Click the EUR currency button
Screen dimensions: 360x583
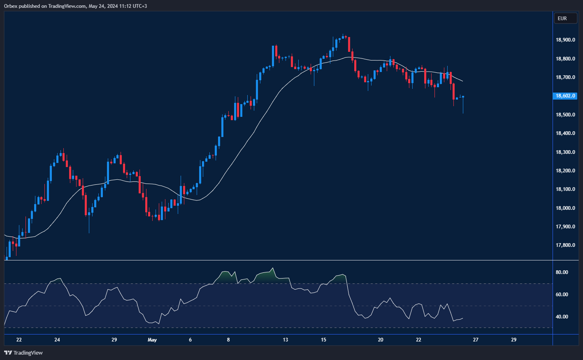(x=565, y=18)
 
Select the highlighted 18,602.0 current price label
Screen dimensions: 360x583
(x=565, y=96)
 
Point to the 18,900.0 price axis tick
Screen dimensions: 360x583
(x=565, y=40)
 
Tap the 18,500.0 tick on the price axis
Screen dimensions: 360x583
(x=565, y=115)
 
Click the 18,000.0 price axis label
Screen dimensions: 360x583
(x=565, y=208)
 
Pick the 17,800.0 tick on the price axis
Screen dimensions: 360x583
(x=565, y=246)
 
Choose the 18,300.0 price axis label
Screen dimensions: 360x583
(x=565, y=152)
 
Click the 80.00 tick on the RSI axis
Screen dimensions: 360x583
(x=562, y=272)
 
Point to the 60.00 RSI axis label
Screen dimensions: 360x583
(x=562, y=295)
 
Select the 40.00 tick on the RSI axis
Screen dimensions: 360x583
(x=562, y=317)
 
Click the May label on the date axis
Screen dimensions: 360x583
(x=152, y=340)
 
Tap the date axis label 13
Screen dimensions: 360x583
(x=286, y=340)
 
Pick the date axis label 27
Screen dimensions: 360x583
(x=476, y=340)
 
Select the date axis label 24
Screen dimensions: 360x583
(x=57, y=340)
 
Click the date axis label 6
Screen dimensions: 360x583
(x=190, y=340)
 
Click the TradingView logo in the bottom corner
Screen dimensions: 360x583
(x=23, y=353)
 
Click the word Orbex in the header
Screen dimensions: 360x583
(x=10, y=6)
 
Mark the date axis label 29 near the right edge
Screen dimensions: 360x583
(x=513, y=340)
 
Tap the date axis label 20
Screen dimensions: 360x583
(x=381, y=340)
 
